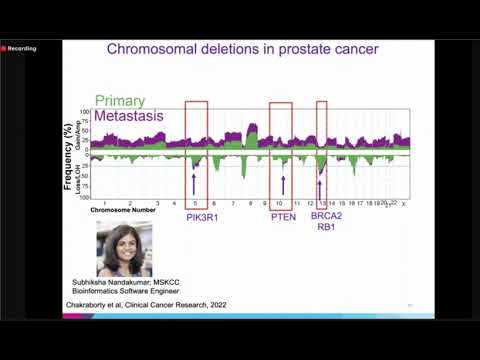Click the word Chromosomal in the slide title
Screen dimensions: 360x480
(x=151, y=48)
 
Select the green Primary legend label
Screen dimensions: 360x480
(x=120, y=101)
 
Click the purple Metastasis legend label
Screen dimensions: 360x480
(x=128, y=117)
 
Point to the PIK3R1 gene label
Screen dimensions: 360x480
(x=204, y=217)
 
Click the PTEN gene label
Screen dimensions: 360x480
(x=282, y=217)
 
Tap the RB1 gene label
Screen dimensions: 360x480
(x=326, y=228)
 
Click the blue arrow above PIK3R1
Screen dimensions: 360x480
(x=195, y=183)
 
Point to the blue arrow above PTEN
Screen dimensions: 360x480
(x=283, y=183)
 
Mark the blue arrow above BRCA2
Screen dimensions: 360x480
(x=321, y=183)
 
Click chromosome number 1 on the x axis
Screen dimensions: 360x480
(x=105, y=203)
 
